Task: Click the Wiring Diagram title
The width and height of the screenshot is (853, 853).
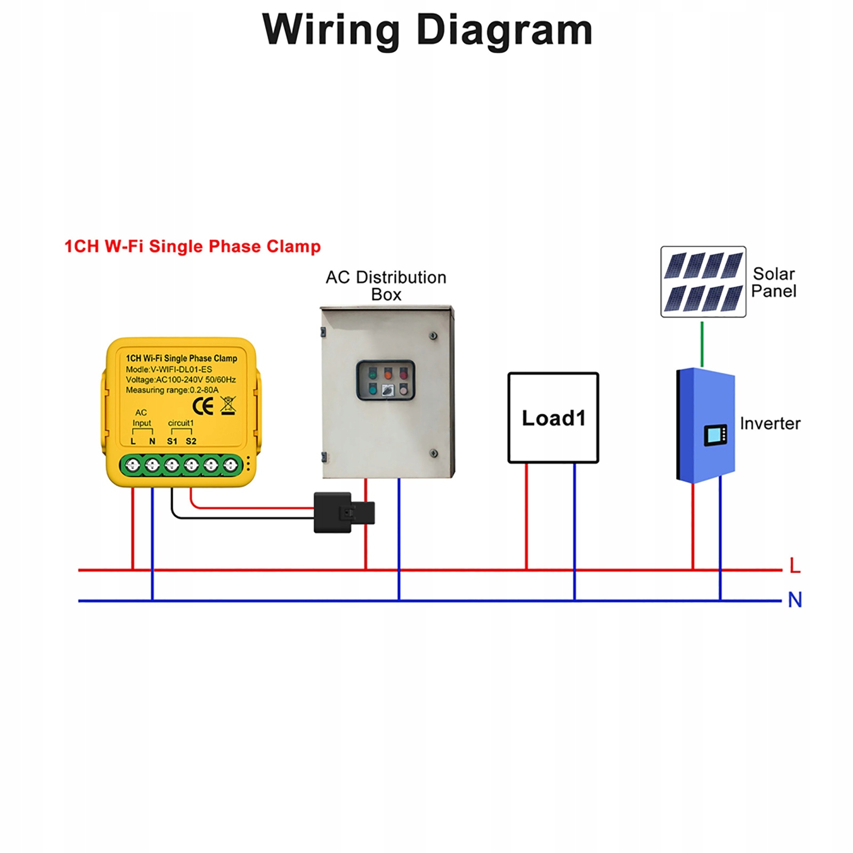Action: pos(427,30)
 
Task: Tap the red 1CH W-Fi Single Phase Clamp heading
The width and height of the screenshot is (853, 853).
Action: pos(192,246)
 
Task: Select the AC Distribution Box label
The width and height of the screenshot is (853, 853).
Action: pos(386,286)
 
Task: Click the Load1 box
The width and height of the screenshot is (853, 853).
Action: pos(553,418)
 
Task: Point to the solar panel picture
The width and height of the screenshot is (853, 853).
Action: pos(703,282)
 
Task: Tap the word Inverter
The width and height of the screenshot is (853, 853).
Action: pos(770,424)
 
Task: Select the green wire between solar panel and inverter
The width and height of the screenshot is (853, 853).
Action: pos(702,344)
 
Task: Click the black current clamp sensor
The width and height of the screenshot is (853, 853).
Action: pos(341,513)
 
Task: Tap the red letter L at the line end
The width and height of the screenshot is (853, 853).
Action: pos(795,566)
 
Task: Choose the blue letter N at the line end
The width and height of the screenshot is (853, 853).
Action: pos(795,600)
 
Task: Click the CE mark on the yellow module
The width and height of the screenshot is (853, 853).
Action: pos(203,406)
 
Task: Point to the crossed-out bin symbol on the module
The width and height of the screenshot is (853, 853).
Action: pos(228,405)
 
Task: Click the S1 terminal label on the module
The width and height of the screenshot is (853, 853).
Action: pos(172,441)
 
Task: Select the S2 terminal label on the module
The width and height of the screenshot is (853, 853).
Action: pos(191,441)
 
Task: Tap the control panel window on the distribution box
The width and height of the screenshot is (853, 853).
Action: pos(385,380)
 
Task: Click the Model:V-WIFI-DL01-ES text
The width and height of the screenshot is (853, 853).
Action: pos(168,369)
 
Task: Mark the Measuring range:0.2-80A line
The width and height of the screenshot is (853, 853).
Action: pos(172,390)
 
